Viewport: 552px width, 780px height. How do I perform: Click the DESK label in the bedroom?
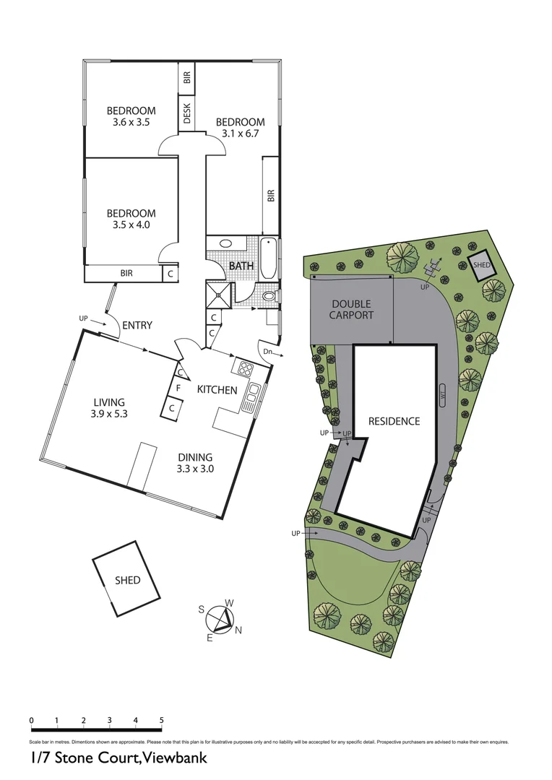187,115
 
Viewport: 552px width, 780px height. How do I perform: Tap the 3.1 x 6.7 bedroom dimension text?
240,134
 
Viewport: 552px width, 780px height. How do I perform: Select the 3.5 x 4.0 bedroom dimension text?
131,225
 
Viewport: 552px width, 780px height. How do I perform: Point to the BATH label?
241,266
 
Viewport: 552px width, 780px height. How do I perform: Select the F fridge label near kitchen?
177,389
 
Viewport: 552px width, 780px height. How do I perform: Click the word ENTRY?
137,326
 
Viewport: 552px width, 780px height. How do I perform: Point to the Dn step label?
267,352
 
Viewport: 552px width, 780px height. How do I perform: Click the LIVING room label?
109,402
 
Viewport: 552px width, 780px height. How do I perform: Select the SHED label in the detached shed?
127,580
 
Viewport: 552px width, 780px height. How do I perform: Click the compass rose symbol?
220,619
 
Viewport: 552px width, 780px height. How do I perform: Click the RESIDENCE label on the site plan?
394,421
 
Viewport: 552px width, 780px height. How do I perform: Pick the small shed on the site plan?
482,265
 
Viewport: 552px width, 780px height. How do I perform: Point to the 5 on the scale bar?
161,720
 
